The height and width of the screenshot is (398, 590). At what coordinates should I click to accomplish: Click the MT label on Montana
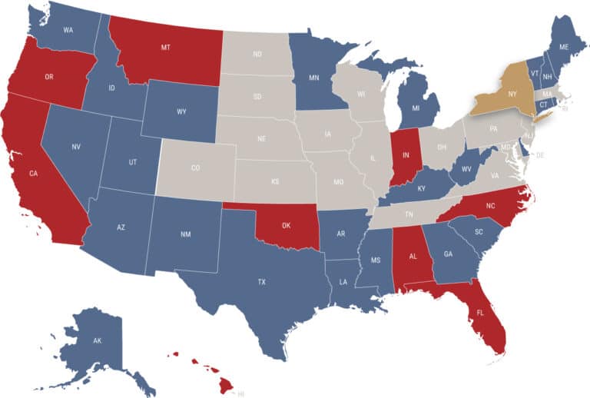(x=165, y=47)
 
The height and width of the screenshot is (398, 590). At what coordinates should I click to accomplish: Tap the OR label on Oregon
(x=48, y=77)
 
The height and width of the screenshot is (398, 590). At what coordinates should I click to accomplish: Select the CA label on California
(x=34, y=174)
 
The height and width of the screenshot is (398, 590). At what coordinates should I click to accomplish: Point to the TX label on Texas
(x=262, y=282)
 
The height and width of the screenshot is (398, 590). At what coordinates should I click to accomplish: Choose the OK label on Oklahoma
(x=286, y=226)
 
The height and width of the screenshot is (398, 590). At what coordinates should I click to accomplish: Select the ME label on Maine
(x=564, y=47)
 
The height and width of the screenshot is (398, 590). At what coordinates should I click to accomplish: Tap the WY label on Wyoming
(x=181, y=111)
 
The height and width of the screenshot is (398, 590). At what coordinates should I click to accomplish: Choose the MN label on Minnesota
(x=313, y=78)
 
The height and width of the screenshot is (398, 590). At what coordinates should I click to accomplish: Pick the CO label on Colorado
(x=195, y=167)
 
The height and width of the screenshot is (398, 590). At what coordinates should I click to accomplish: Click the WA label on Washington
(x=68, y=30)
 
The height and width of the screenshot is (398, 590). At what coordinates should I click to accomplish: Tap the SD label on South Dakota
(x=257, y=98)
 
